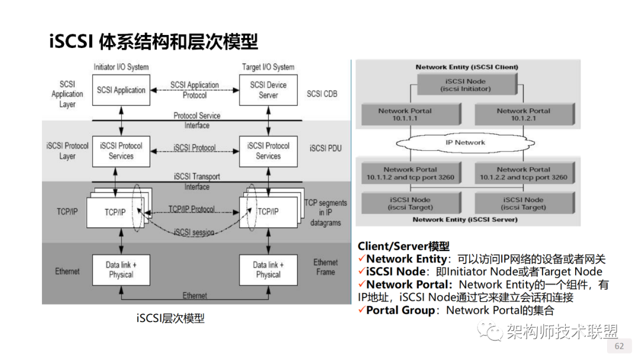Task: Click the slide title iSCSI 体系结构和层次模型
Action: (x=153, y=41)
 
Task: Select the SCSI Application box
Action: (x=121, y=90)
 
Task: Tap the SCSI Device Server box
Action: (x=268, y=90)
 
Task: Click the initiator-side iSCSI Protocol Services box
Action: (x=121, y=151)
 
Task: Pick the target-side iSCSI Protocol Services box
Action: (x=268, y=151)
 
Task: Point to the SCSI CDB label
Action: (x=322, y=94)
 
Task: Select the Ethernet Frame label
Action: (x=325, y=267)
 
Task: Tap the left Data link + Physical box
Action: (x=121, y=269)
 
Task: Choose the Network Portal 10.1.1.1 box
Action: (x=405, y=115)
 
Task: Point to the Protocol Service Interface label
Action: (x=197, y=120)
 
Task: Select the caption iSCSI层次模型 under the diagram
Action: (x=170, y=318)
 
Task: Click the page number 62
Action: (x=619, y=346)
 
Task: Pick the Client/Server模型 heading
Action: (x=404, y=246)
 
